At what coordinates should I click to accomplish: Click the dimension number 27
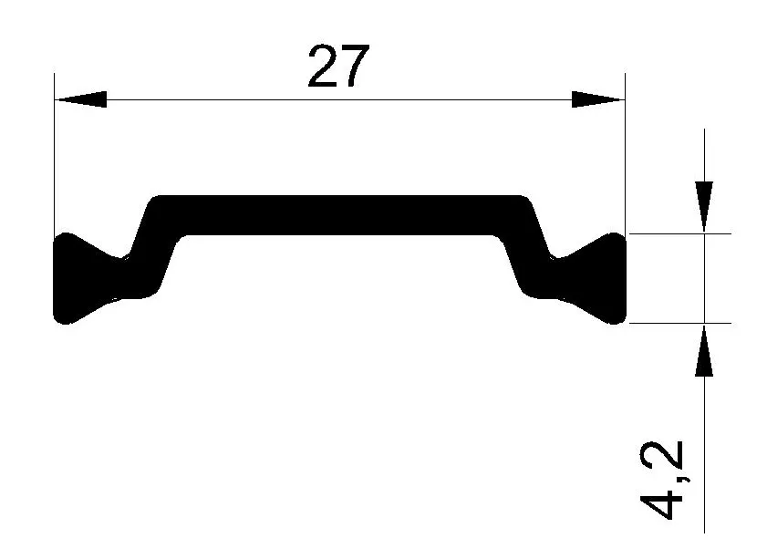[338, 66]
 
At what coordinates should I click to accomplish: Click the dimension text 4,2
[660, 480]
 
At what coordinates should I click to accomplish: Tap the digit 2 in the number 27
[323, 66]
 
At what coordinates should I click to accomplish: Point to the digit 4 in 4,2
[660, 502]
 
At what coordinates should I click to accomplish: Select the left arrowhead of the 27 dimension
[80, 99]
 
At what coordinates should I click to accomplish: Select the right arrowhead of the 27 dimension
[598, 99]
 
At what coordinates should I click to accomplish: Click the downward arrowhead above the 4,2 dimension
[704, 206]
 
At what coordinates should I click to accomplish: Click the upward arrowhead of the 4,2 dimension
[704, 351]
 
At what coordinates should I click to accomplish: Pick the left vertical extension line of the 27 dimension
[55, 154]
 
